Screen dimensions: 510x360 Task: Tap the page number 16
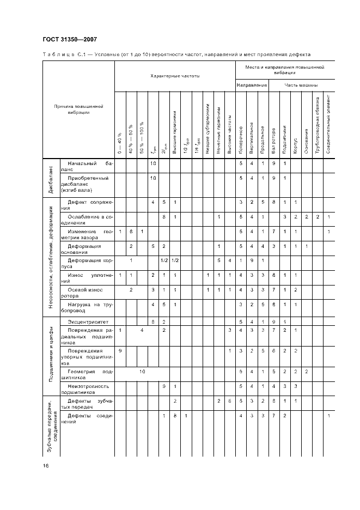click(x=46, y=466)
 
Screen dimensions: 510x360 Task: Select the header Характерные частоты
click(x=175, y=76)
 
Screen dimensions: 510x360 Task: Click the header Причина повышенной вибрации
click(x=78, y=109)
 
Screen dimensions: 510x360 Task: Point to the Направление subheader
click(x=251, y=86)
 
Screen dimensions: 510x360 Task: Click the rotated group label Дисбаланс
click(x=50, y=179)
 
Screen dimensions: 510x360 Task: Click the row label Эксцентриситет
click(x=88, y=322)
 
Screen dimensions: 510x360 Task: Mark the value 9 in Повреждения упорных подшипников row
click(x=120, y=350)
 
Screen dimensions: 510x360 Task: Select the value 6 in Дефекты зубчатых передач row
click(x=230, y=401)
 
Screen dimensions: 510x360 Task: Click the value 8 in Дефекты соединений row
click(x=175, y=416)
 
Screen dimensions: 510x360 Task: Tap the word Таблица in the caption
click(x=56, y=54)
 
